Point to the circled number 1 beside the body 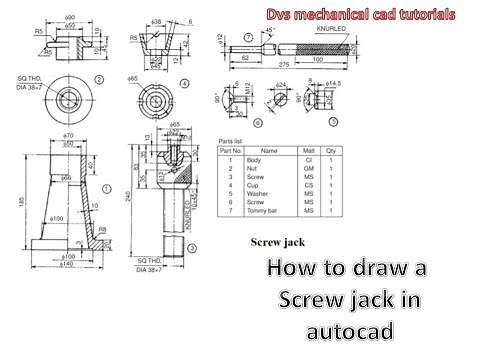click(106, 187)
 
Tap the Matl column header click(309, 152)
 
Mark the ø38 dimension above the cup click(156, 19)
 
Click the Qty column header click(331, 152)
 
